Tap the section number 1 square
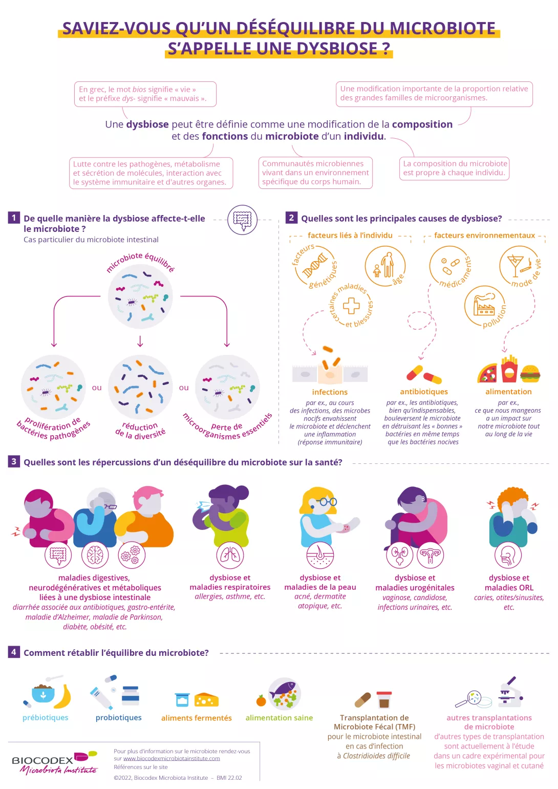point(14,218)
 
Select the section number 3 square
point(14,461)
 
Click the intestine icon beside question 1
point(242,219)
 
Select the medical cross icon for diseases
point(351,306)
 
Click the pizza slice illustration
point(487,373)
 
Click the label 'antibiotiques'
point(424,392)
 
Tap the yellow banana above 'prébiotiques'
point(63,696)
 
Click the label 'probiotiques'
point(119,717)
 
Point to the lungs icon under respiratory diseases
point(230,555)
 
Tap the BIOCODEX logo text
point(42,760)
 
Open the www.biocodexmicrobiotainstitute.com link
point(171,758)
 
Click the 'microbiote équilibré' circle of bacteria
point(140,296)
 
